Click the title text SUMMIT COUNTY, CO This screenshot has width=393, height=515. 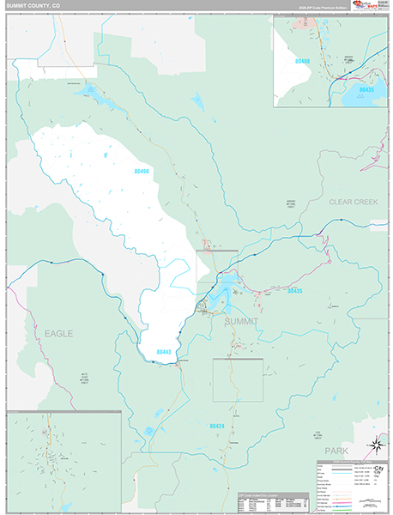(33, 6)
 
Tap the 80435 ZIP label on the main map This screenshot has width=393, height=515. (293, 291)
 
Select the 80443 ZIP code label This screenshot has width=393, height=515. (164, 352)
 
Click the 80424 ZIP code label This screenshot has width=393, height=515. (215, 425)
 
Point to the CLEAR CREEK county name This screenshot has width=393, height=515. (353, 202)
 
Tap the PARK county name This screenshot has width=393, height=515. (360, 450)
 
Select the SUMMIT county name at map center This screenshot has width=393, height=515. (241, 321)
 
